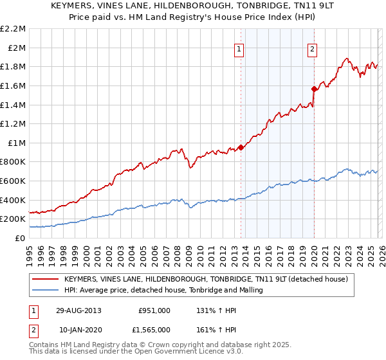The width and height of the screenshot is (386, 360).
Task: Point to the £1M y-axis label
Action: pos(17,143)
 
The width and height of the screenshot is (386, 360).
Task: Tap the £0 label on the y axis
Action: pos(21,238)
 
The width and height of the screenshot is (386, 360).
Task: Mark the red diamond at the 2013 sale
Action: pos(241,147)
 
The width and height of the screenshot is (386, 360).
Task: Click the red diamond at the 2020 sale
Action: pos(314,89)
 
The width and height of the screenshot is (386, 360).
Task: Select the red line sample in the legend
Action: pos(46,279)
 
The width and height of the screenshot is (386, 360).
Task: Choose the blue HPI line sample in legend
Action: pos(46,291)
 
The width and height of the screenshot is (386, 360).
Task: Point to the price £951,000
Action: pos(154,310)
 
